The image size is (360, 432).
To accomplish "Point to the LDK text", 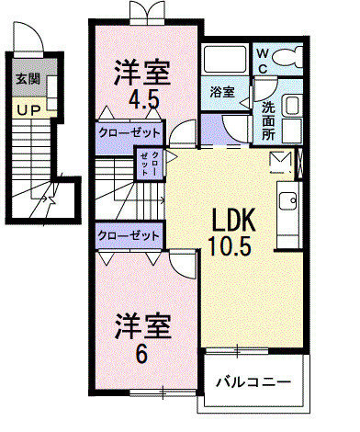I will pos(233,221).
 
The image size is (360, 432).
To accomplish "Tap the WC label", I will pos(262,60).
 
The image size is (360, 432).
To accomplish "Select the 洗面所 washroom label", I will pos(267,119).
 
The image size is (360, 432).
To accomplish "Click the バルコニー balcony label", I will pos(253,381).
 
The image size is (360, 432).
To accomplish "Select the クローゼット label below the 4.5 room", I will pos(128,131).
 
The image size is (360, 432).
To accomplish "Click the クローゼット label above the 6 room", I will pos(128,235).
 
